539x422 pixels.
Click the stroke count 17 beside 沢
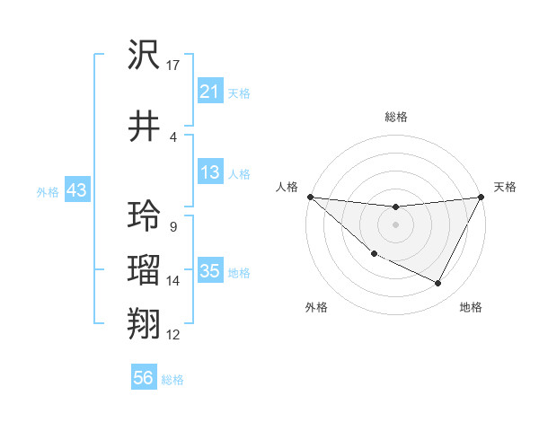[x=173, y=66]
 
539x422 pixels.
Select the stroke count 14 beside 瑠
[x=173, y=281]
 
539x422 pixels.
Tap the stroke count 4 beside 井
[x=172, y=136]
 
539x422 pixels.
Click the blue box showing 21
[x=210, y=92]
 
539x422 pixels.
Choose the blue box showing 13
[x=210, y=172]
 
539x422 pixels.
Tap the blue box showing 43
[x=77, y=190]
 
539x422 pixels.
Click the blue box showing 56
[x=143, y=378]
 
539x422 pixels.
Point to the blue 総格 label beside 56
[x=172, y=380]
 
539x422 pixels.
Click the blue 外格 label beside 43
[x=48, y=191]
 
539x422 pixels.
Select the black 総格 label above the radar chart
[x=395, y=117]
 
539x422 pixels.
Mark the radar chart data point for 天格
[x=482, y=197]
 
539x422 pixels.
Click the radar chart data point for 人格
[x=309, y=197]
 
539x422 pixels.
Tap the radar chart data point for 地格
[x=438, y=284]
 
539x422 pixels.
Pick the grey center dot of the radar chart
[x=395, y=224]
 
